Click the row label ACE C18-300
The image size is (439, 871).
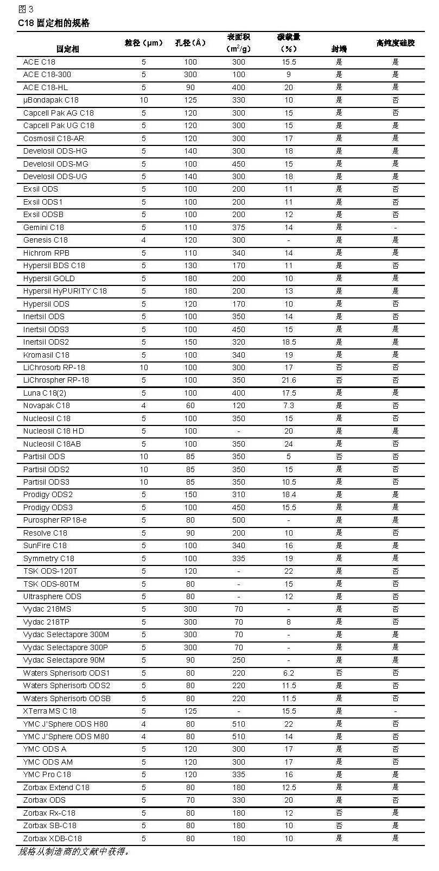point(47,74)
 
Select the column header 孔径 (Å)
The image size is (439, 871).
point(190,43)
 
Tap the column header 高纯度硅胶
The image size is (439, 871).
point(395,43)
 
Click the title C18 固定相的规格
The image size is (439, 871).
point(54,23)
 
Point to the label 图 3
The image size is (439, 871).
point(26,9)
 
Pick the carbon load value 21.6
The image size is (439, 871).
point(289,380)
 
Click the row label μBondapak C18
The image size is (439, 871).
point(50,100)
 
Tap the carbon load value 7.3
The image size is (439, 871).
point(289,405)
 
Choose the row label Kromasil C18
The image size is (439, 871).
point(46,355)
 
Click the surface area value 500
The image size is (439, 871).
point(239,520)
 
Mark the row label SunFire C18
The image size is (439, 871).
point(45,545)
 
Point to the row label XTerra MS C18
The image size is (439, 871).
point(50,711)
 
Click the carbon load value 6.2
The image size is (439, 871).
point(289,673)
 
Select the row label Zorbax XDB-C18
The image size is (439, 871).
point(53,838)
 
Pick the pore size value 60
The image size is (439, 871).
point(190,405)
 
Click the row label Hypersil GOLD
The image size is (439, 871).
point(49,278)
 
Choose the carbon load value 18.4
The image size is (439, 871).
point(289,494)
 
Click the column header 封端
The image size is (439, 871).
point(339,49)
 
